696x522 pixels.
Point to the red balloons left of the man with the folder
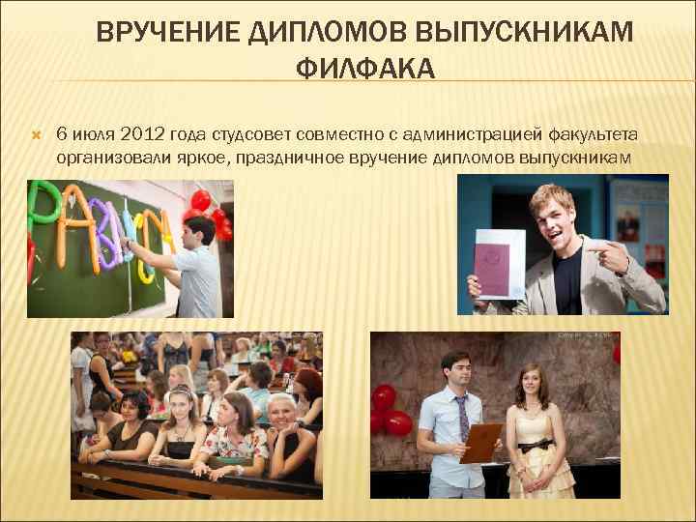click(x=391, y=411)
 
